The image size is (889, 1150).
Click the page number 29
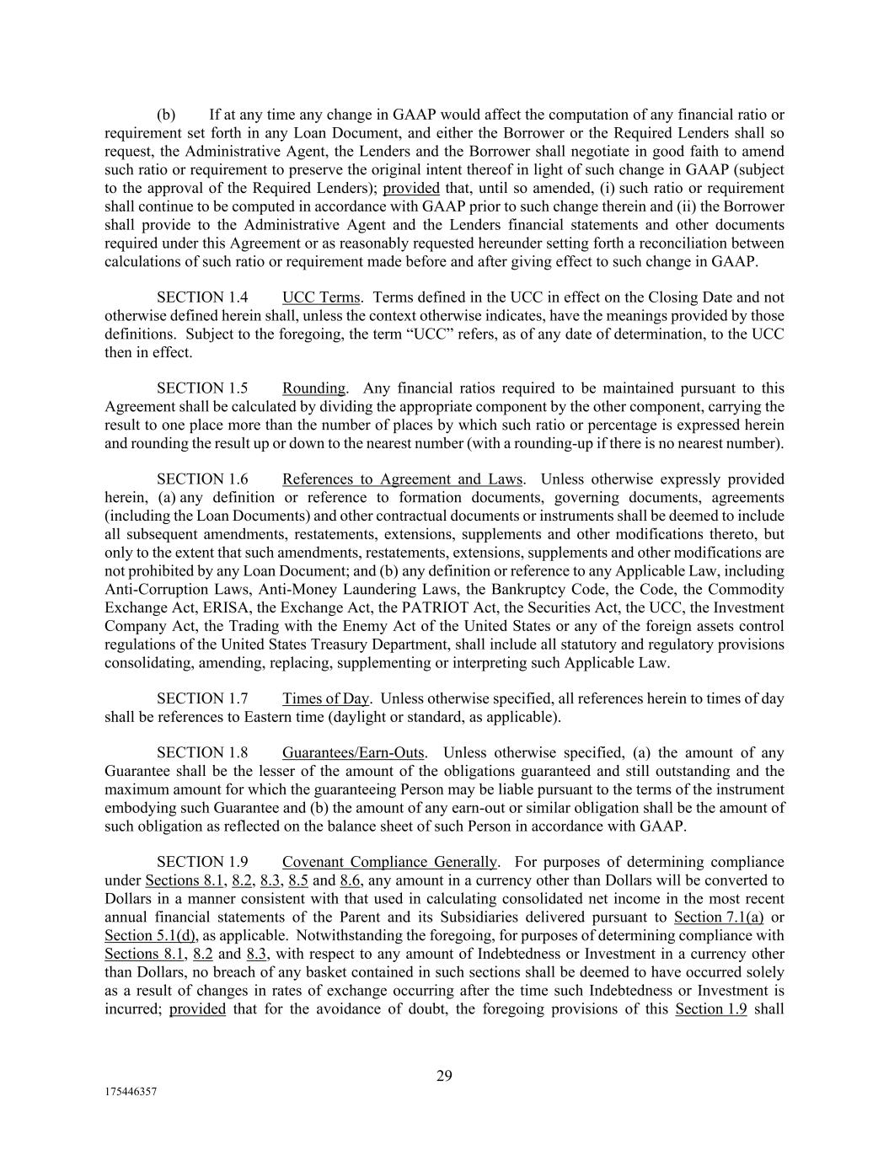point(444,1075)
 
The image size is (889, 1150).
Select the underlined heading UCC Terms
point(321,297)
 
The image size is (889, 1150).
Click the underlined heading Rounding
point(313,388)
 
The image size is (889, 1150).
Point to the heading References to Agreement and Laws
point(402,479)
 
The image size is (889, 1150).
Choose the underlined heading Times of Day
point(326,698)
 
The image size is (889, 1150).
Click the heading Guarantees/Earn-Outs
point(353,752)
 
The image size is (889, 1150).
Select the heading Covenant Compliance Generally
point(389,862)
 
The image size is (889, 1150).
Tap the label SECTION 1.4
point(202,297)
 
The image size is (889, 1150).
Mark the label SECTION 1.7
point(202,698)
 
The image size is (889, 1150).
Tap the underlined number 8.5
point(298,880)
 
